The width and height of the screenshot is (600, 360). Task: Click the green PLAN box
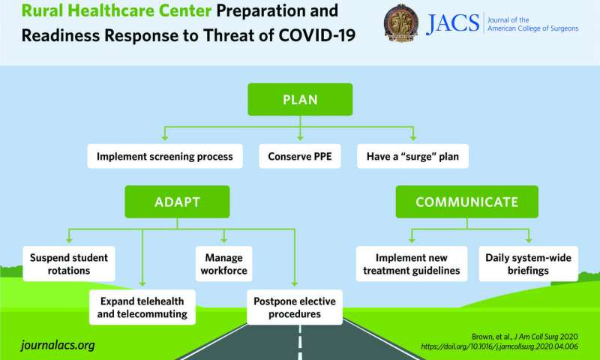[300, 100]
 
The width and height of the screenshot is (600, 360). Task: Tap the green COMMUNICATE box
[466, 202]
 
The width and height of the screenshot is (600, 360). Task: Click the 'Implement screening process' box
[165, 157]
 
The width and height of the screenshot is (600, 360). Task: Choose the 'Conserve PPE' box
[299, 157]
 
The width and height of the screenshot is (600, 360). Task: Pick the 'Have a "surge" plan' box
[413, 157]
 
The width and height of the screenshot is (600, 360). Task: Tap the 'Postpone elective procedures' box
[294, 307]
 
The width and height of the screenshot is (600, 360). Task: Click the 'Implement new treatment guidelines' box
[407, 264]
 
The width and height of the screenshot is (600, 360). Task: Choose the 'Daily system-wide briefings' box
[528, 264]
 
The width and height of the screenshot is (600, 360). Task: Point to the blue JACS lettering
[453, 23]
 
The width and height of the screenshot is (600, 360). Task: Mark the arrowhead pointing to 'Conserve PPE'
[299, 139]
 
